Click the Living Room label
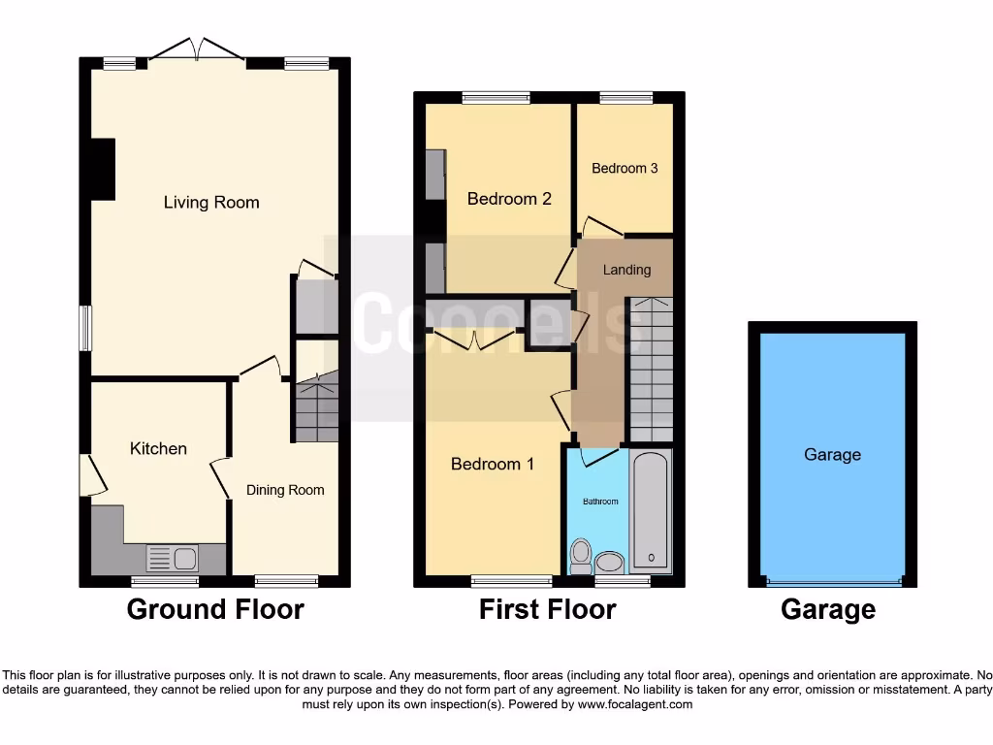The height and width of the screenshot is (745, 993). [x=211, y=203]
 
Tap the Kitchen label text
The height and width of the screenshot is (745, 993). [x=158, y=448]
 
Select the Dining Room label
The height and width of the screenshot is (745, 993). [x=285, y=490]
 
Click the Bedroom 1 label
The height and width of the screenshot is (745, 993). [x=493, y=464]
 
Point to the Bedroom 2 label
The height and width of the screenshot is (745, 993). [x=509, y=199]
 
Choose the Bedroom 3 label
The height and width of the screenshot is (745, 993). [x=625, y=168]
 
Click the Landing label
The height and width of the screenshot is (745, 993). [x=626, y=270]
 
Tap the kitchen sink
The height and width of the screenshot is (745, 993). [x=173, y=558]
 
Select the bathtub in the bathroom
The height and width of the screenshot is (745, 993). [x=651, y=510]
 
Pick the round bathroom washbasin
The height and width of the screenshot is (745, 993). [x=610, y=562]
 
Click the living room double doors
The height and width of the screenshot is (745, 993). [x=197, y=49]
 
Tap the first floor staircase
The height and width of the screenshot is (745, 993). [x=651, y=371]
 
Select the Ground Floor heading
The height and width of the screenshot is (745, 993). [x=215, y=609]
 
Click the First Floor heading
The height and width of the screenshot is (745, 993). [x=547, y=609]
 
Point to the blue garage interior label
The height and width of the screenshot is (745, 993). [x=832, y=454]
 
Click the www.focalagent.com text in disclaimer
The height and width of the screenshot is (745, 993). [x=635, y=704]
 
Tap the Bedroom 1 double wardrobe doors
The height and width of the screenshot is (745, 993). [x=474, y=340]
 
